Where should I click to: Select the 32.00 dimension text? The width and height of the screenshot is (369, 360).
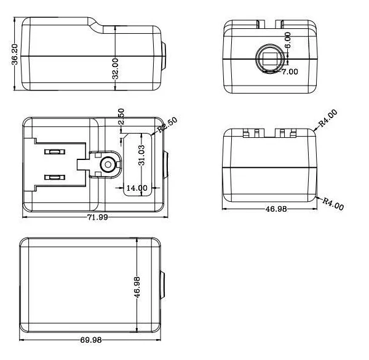tap(115, 68)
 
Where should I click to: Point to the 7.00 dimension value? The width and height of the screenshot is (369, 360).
tap(289, 71)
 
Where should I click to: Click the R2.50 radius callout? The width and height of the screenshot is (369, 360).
tap(167, 126)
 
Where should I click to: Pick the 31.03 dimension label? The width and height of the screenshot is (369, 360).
tap(141, 156)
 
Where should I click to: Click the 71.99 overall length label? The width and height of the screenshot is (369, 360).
tap(95, 218)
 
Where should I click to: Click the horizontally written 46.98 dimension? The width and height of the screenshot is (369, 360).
tap(276, 210)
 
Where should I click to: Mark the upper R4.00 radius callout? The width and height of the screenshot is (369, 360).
tap(328, 118)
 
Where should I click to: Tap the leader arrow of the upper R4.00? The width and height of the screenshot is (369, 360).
tap(317, 127)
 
